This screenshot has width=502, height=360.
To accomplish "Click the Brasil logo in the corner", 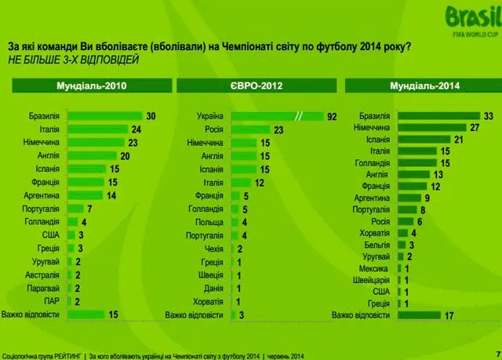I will click(x=470, y=20).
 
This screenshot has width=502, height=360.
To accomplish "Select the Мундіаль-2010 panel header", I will click(x=92, y=85).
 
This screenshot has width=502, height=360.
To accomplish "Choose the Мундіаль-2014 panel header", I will click(x=420, y=85).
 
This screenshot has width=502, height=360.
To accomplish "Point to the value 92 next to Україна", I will click(x=333, y=117).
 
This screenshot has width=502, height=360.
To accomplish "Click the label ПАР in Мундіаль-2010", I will click(x=52, y=300).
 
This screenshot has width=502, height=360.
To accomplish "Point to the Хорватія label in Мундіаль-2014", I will click(x=375, y=233).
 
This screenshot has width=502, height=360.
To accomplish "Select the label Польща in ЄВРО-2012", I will click(x=209, y=223).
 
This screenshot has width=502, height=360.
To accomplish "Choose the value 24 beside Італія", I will click(x=136, y=129).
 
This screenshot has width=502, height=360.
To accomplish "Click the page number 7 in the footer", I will click(x=497, y=351).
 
